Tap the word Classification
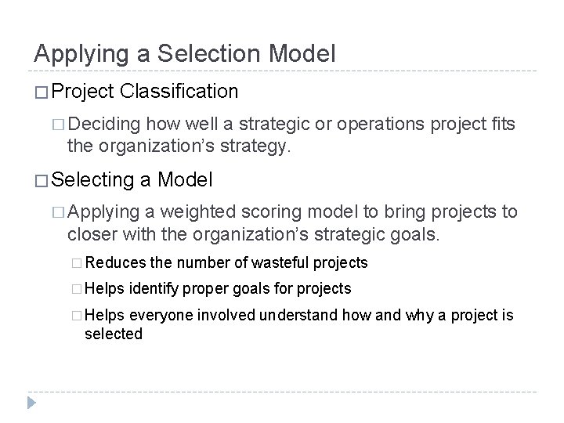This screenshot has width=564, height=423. pyautogui.click(x=180, y=92)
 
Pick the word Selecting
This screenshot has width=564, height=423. pyautogui.click(x=92, y=180)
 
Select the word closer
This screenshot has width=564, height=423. pyautogui.click(x=91, y=235)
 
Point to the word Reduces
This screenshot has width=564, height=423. pyautogui.click(x=120, y=262)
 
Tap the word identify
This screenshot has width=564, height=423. pyautogui.click(x=154, y=288)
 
